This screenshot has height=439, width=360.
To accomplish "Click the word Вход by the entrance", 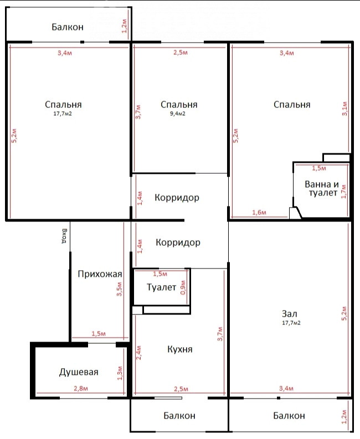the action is point(64,236).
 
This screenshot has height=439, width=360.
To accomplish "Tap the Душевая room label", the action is point(79,372).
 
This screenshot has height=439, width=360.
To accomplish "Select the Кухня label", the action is point(180,349).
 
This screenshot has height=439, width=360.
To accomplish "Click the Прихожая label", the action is point(100,274).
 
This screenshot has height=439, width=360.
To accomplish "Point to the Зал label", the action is point(290,313).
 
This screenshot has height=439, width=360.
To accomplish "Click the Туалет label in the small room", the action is point(161,287).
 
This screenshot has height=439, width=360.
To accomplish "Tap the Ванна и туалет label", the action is point(322,188).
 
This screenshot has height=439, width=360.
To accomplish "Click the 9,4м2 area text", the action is point(178,113).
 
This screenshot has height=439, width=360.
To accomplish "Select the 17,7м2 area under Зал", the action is point(291,323).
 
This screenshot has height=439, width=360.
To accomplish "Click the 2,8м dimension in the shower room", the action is point(81,388).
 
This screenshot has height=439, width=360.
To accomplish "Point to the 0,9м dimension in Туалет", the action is point(183,287).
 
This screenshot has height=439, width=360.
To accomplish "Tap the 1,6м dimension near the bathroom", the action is point(259,212).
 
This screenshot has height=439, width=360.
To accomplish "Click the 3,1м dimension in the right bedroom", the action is point(345,109).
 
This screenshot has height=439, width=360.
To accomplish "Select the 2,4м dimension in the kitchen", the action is point(139,353).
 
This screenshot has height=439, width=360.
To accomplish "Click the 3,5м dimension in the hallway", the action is point(119,289).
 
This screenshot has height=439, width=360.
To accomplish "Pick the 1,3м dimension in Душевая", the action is point(120,373).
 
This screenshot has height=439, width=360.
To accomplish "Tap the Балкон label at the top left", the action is point(68,27).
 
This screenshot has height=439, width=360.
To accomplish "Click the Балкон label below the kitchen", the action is point(179,416).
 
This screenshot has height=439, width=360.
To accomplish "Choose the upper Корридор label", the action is point(177,198).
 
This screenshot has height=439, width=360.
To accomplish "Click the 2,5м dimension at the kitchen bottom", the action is point(181,389).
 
